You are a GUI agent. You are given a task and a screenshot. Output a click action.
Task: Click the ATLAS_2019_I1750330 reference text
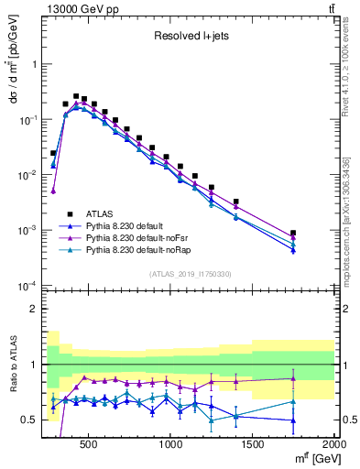pos(191,274)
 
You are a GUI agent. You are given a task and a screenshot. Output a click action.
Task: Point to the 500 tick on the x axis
pos(89,442)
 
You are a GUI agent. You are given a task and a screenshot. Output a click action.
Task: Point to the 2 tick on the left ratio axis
pos(34,309)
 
